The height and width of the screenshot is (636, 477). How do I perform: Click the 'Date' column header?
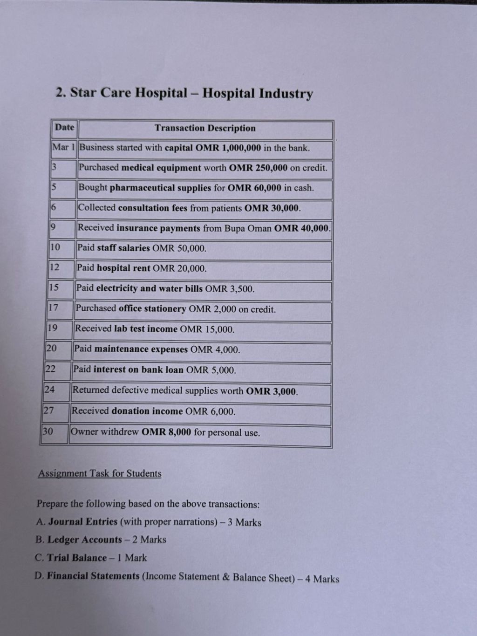click(64, 127)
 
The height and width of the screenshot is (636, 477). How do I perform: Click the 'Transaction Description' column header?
click(205, 128)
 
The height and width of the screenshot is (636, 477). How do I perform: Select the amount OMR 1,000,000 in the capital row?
click(228, 148)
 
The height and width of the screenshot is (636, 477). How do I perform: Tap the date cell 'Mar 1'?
click(63, 147)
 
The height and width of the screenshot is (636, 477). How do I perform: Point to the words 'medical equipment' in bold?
click(161, 168)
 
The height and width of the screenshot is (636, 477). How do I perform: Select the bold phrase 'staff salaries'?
click(123, 248)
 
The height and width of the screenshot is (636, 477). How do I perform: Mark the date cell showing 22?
click(50, 369)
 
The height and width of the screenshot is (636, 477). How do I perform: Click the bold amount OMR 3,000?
click(271, 391)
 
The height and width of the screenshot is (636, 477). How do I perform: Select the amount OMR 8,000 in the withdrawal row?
click(166, 432)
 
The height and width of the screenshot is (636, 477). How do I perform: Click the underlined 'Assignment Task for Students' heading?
click(100, 473)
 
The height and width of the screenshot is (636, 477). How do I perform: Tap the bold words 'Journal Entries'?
click(83, 522)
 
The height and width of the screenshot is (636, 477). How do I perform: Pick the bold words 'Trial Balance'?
click(77, 558)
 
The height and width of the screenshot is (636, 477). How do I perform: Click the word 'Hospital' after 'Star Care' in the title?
click(161, 93)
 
